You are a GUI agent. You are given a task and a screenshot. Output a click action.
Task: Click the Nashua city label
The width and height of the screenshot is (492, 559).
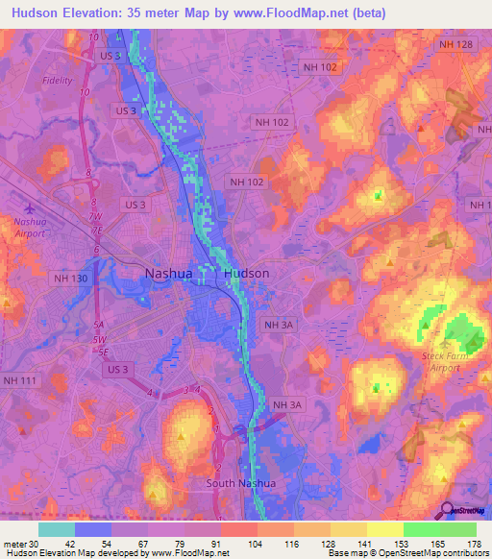point(168,273)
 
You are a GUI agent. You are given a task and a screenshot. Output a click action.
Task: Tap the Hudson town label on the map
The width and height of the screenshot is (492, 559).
point(246,273)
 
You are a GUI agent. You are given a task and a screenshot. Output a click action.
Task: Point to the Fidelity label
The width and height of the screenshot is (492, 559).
point(57,81)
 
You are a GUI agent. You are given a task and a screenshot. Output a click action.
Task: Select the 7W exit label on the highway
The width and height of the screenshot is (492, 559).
point(95,216)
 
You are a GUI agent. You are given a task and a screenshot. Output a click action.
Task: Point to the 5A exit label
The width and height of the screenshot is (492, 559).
point(97,325)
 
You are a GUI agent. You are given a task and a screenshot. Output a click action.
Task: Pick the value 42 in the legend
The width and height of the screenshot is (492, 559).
point(57,543)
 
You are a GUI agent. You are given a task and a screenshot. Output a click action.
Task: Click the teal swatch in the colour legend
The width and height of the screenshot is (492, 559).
point(56,529)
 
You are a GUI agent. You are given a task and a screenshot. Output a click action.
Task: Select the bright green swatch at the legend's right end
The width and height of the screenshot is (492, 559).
point(457,529)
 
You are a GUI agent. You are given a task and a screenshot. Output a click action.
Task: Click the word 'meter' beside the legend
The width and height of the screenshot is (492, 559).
point(12,543)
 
